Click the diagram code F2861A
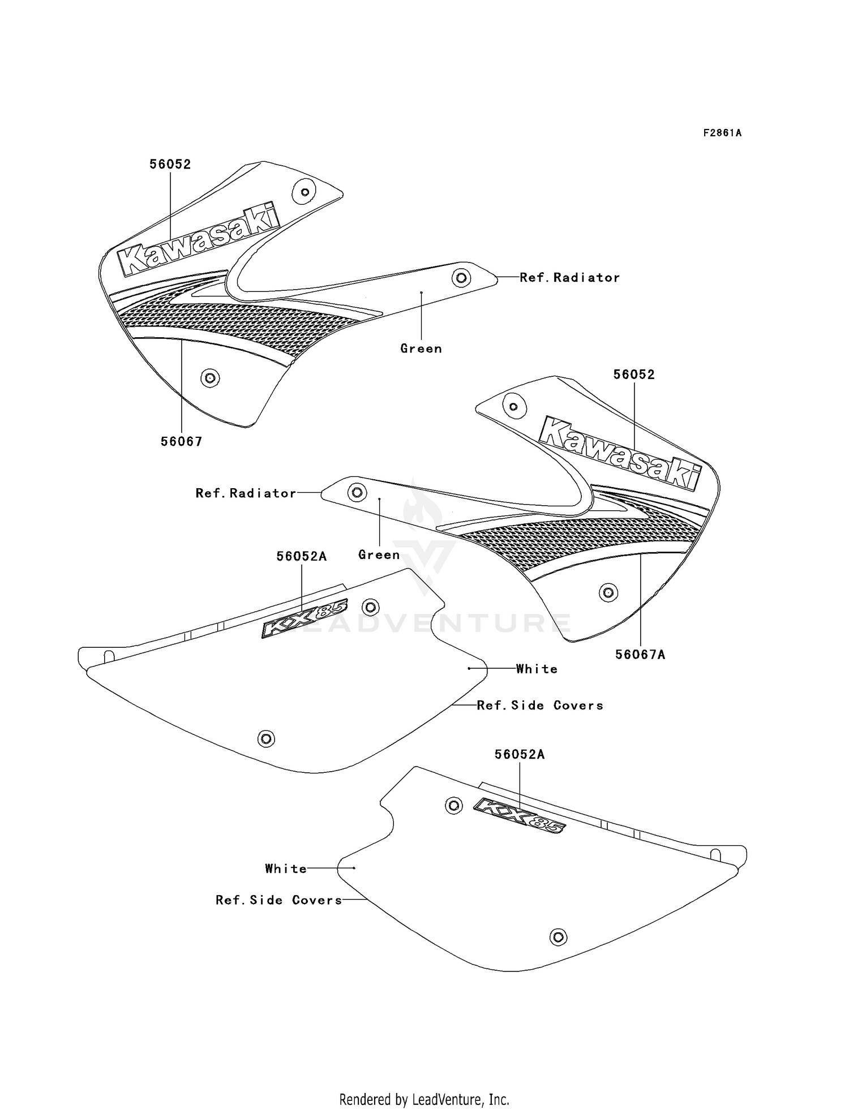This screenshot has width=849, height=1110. [722, 133]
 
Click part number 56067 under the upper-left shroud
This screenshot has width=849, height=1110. [181, 441]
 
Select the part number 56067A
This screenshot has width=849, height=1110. [640, 655]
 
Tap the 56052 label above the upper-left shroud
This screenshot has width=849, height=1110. [170, 164]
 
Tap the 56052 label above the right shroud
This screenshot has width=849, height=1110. [634, 375]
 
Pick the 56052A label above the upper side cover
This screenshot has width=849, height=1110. [302, 556]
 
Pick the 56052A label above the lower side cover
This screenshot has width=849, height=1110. [520, 754]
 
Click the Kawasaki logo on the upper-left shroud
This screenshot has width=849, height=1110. [198, 240]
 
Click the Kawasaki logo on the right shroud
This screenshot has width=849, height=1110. [620, 453]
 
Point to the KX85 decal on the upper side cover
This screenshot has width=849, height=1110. [305, 618]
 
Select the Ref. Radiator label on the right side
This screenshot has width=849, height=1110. [569, 277]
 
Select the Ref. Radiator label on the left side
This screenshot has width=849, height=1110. [246, 493]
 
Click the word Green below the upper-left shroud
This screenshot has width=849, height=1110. [421, 349]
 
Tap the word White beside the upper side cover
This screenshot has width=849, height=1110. [537, 669]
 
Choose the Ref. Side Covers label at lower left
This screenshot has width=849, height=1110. [279, 900]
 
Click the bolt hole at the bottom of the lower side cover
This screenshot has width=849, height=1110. [558, 937]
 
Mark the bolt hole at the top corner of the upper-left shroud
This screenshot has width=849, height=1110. [305, 192]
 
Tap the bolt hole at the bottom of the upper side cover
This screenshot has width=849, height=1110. [266, 738]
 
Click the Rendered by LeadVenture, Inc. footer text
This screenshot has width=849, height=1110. [424, 1099]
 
